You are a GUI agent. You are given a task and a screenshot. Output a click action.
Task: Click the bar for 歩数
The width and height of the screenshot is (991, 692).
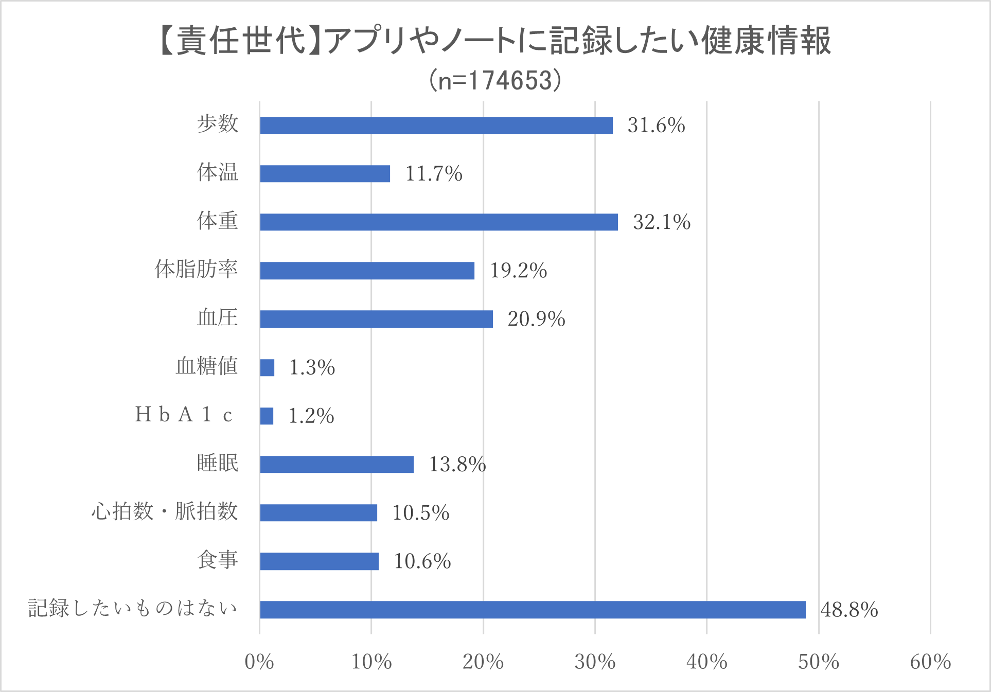[436, 126]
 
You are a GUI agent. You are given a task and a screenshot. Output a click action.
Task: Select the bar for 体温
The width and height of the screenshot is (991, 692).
[325, 174]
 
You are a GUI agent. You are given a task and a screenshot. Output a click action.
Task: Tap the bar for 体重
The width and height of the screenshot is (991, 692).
[439, 222]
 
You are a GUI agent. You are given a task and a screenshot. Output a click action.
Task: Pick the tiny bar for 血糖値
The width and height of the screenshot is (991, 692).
[267, 368]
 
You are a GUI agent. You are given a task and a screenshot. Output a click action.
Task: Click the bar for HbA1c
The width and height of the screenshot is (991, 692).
[267, 416]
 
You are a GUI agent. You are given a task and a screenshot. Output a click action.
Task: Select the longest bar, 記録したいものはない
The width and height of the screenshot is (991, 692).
[533, 610]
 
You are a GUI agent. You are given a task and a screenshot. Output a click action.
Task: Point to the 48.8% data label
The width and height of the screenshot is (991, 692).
[849, 610]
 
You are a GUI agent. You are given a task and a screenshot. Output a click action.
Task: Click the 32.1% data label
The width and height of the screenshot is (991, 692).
[661, 222]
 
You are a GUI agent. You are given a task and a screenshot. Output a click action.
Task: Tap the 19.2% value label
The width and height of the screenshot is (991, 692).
[518, 271]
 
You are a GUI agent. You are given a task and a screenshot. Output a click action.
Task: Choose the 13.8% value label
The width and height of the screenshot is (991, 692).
[457, 465]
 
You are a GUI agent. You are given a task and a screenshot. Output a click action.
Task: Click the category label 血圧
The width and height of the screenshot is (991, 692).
[218, 318]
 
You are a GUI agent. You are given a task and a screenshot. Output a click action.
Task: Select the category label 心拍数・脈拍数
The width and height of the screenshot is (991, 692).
[165, 512]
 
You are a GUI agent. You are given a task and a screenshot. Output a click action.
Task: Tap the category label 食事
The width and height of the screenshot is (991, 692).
[218, 560]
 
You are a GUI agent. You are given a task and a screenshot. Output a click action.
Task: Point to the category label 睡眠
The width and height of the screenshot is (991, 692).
[218, 464]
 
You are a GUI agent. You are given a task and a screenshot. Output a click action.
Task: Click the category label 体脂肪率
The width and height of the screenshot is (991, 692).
[197, 270]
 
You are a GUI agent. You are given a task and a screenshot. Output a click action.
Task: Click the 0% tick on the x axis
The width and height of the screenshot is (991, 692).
[259, 662]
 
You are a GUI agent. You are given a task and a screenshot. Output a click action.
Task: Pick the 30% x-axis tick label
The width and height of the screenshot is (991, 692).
[595, 662]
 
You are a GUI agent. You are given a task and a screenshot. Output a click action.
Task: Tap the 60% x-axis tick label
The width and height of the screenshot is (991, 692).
[930, 662]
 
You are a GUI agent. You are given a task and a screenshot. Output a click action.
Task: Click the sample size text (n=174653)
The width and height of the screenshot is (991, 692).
[496, 81]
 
